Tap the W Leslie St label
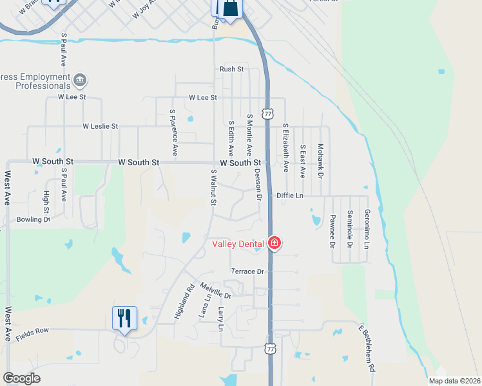(100, 127)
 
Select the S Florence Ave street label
(173, 133)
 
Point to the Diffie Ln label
(289, 195)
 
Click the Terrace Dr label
(248, 272)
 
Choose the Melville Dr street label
(215, 290)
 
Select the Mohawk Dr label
(320, 161)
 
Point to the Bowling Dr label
(34, 219)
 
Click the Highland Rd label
(184, 300)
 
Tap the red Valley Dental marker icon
(275, 243)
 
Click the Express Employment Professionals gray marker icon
(81, 81)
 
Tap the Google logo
(22, 378)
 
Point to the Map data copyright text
(454, 381)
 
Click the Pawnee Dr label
(333, 232)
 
